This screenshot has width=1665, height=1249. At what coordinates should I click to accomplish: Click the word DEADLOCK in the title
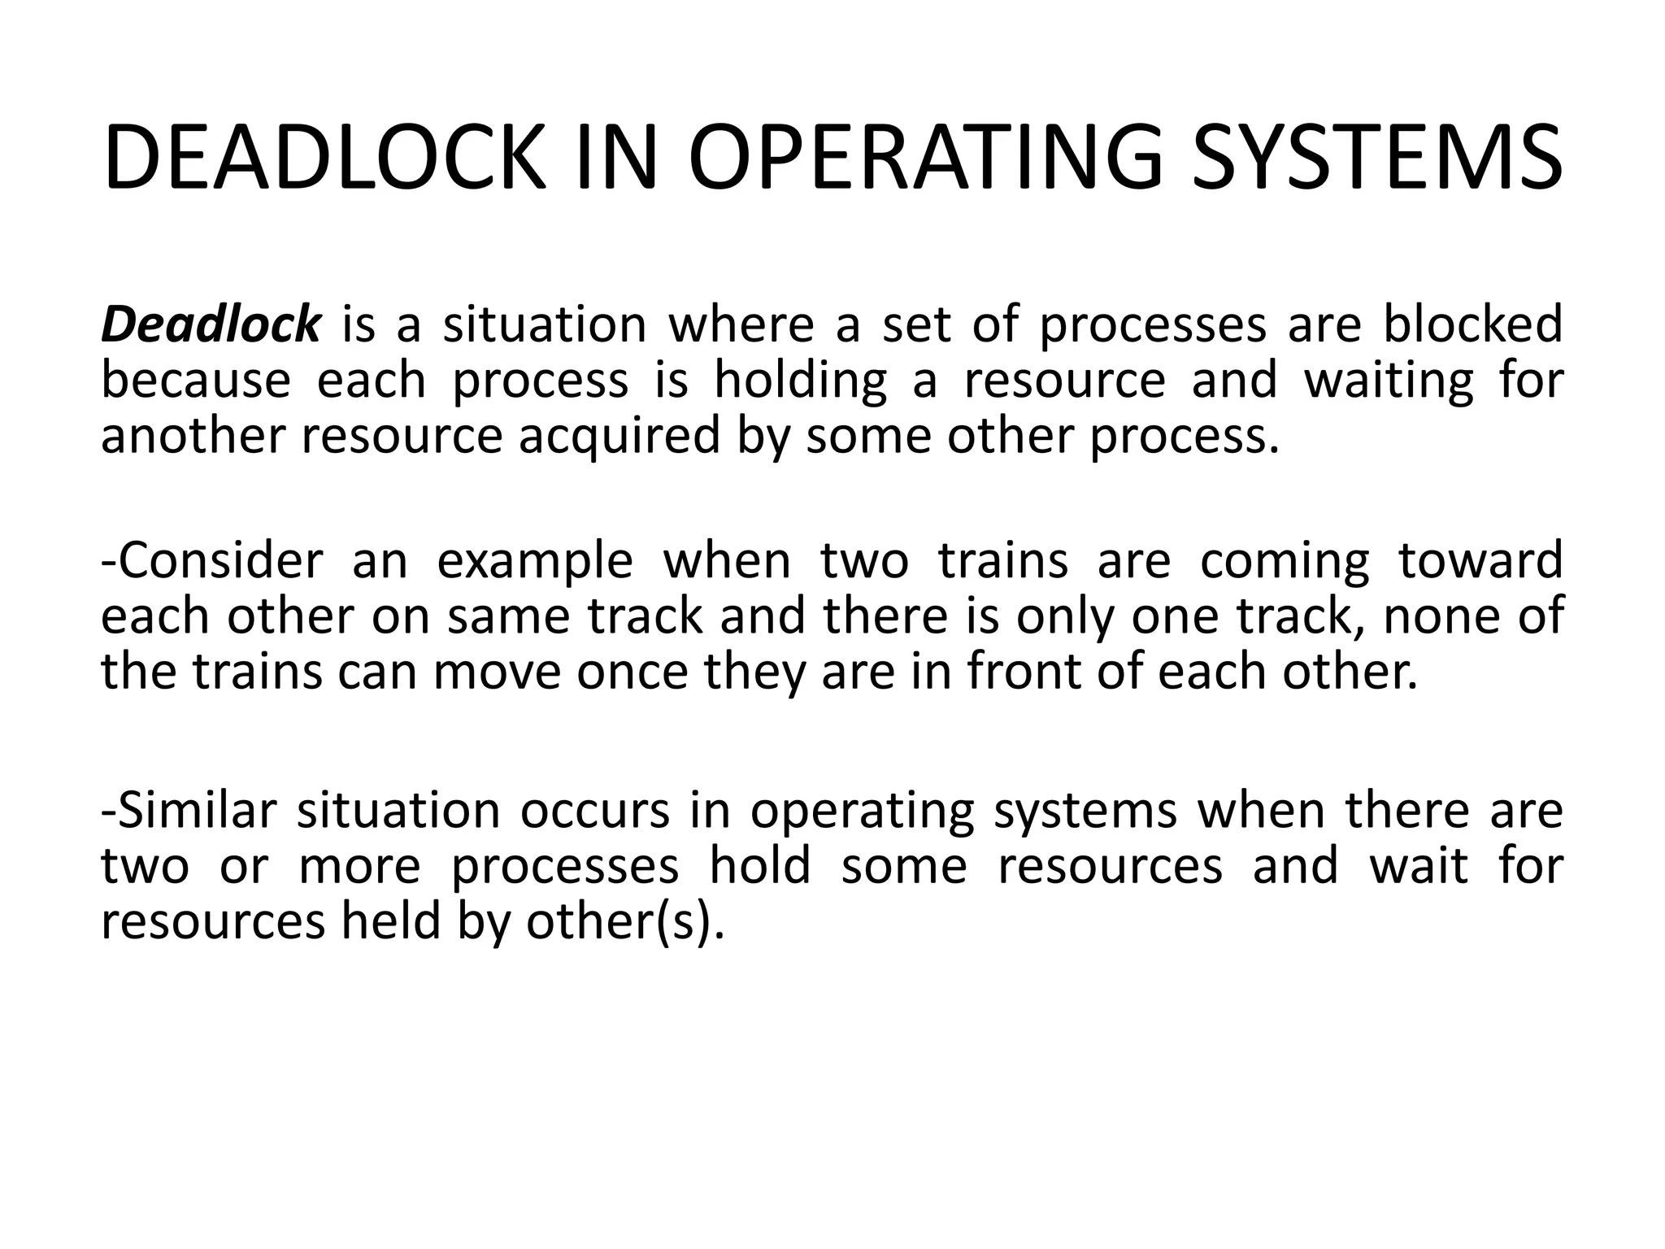pos(324,159)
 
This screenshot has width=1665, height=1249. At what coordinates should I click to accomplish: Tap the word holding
pos(800,382)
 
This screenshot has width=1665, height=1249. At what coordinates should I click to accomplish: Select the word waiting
pos(1389,382)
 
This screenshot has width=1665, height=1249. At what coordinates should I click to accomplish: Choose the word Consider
pos(212,561)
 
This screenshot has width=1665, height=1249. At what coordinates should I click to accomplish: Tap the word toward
pos(1480,561)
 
